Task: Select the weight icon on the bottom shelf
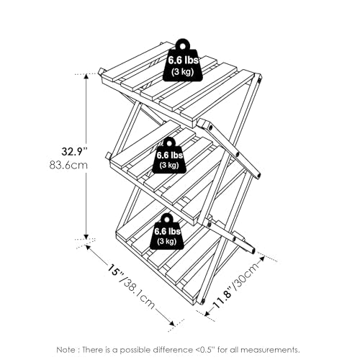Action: coord(167,232)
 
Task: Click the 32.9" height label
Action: coord(74,151)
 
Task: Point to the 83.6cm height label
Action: coord(68,165)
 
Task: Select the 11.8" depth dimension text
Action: coord(222,296)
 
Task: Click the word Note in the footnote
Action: coord(66,350)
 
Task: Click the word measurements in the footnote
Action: coord(270,350)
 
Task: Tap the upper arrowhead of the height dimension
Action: coord(86,76)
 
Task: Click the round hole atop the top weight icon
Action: coord(183,45)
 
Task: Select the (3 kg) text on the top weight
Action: coord(182,72)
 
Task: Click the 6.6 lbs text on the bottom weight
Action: coord(167,231)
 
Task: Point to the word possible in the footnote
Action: coord(136,350)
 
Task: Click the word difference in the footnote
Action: coord(173,350)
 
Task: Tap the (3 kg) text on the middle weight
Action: coord(169,165)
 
